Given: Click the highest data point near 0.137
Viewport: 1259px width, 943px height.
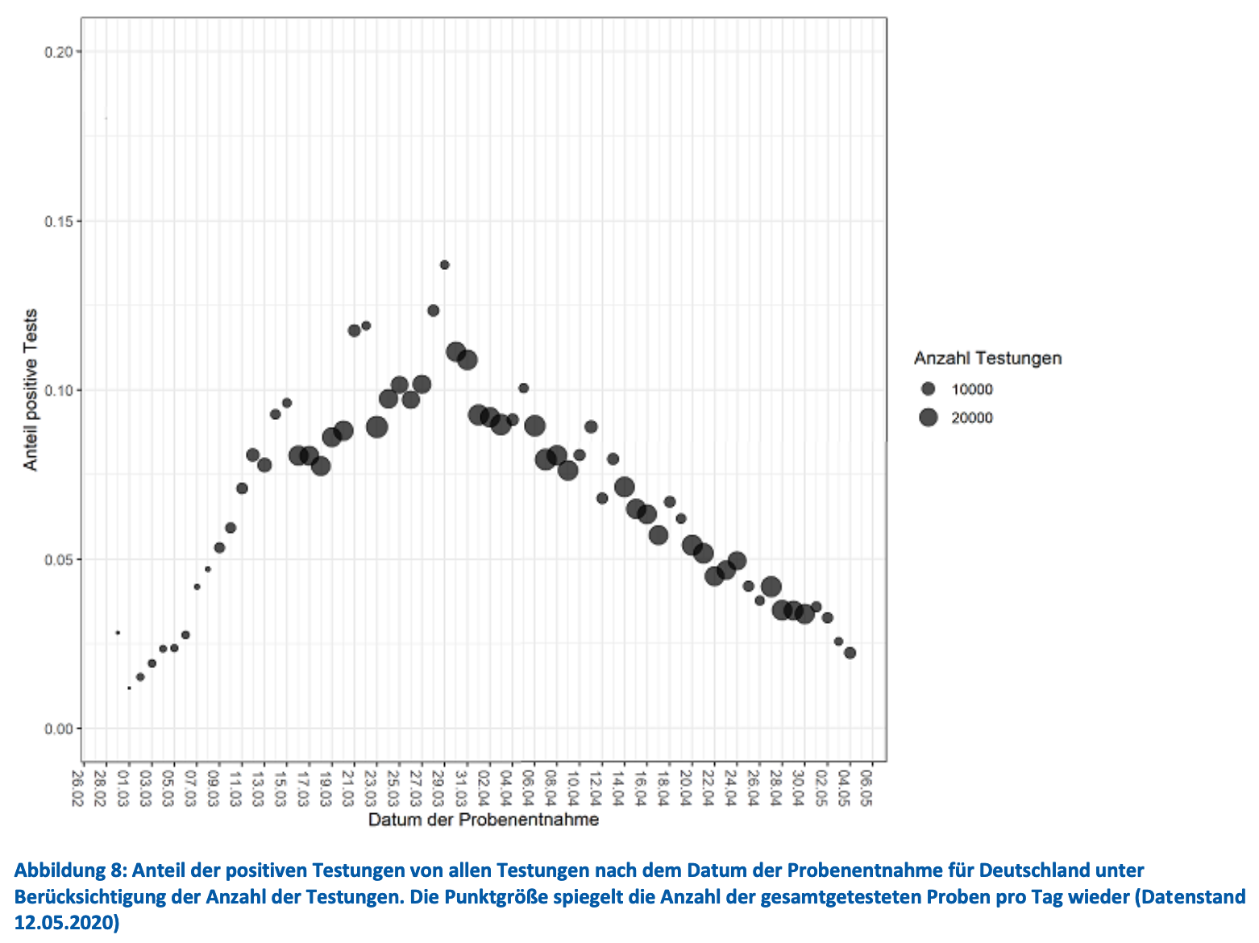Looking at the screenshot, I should pyautogui.click(x=444, y=264).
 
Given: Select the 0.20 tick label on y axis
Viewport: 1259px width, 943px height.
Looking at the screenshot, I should pyautogui.click(x=58, y=52).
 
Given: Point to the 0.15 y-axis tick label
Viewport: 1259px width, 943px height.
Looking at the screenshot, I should pyautogui.click(x=58, y=221).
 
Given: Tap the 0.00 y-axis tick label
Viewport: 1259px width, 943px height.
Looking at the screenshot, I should pyautogui.click(x=58, y=729).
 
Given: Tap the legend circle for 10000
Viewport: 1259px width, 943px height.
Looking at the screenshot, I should pyautogui.click(x=929, y=389).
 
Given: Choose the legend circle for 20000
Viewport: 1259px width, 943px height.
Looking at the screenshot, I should pyautogui.click(x=929, y=417).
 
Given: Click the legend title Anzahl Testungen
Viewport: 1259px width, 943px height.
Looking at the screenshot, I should pyautogui.click(x=987, y=358).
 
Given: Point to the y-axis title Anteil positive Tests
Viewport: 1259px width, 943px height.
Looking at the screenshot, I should pyautogui.click(x=31, y=390).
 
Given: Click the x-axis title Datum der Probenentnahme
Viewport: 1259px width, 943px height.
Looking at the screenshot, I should pyautogui.click(x=484, y=820).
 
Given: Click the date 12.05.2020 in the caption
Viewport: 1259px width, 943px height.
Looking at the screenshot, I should pyautogui.click(x=66, y=923).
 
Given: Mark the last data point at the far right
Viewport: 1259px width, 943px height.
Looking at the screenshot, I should pyautogui.click(x=850, y=653).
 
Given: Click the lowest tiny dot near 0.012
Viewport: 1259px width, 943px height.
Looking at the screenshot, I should pyautogui.click(x=129, y=688).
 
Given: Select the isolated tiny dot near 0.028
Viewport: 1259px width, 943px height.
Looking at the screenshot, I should pyautogui.click(x=118, y=633).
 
